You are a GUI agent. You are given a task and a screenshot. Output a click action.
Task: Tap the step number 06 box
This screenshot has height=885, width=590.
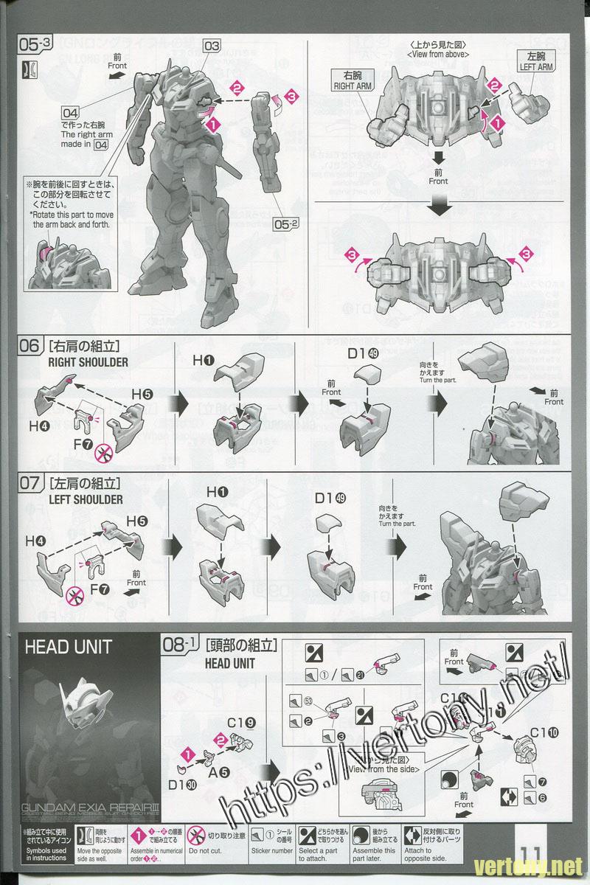[x=30, y=345]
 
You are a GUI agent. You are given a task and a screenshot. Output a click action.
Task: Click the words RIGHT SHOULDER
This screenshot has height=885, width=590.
[x=88, y=362]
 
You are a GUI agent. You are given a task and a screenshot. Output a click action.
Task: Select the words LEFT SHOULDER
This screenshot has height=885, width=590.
[x=86, y=499]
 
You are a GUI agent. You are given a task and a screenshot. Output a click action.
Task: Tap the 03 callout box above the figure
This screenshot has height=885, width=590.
[x=212, y=46]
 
